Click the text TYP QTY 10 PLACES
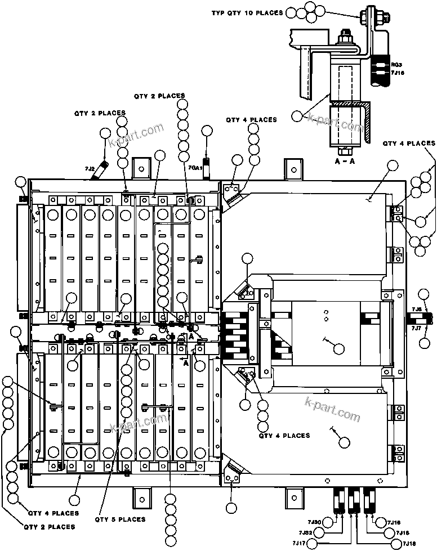click(247, 13)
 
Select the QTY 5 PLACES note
click(120, 519)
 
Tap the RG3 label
click(396, 65)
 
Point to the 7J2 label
click(89, 169)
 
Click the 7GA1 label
click(195, 168)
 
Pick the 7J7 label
click(417, 328)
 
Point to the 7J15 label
click(403, 532)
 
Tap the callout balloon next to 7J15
click(388, 532)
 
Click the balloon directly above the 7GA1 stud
click(207, 131)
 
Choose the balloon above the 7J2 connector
click(105, 133)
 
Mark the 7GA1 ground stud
click(207, 168)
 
